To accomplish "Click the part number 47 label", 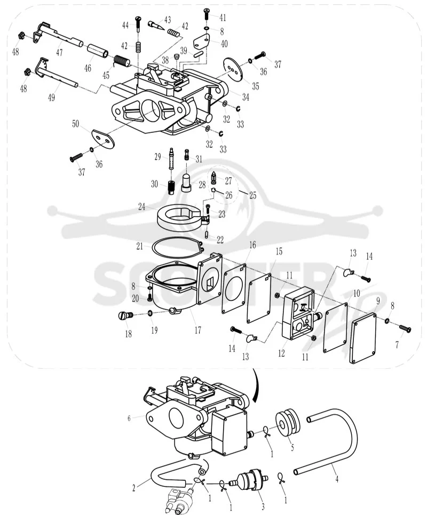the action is (x=59, y=52).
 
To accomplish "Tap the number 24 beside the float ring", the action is (x=141, y=207).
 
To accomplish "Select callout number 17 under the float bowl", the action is (x=197, y=330).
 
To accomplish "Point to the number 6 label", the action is (x=129, y=418).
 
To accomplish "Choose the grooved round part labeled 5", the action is (x=288, y=422).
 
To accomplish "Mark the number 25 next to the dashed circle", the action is (x=252, y=196).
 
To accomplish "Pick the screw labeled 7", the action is (x=405, y=329).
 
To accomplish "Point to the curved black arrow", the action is (x=255, y=386).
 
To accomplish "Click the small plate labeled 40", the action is (x=201, y=42).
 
